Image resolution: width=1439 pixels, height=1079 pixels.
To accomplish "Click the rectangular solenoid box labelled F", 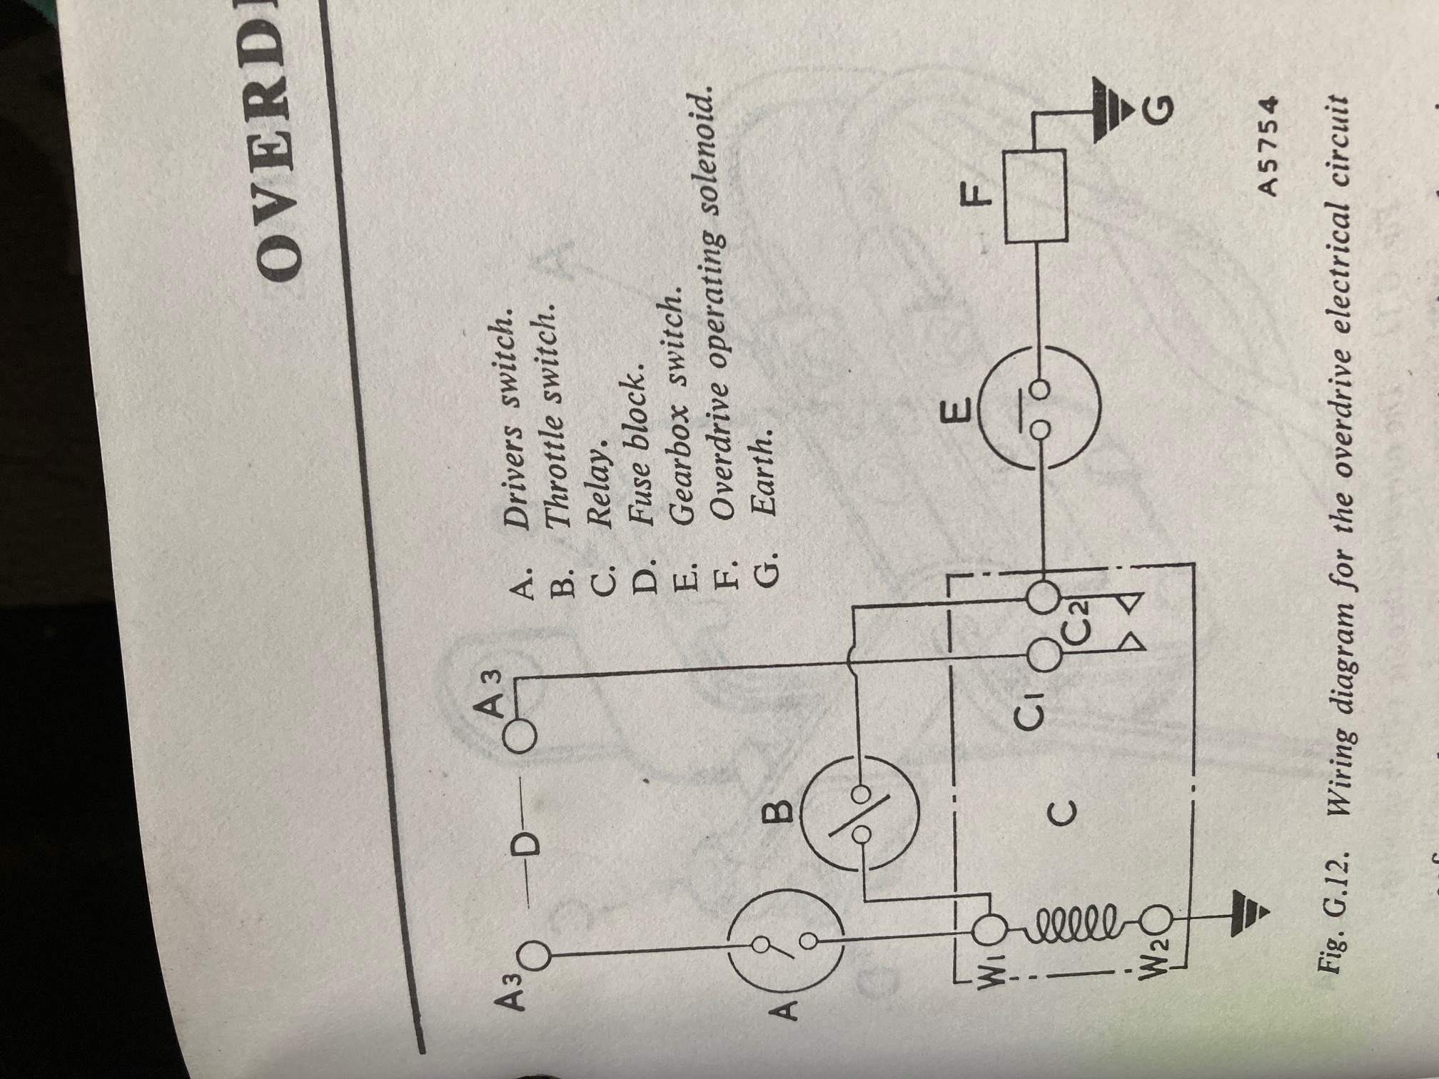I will point(1036,195).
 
